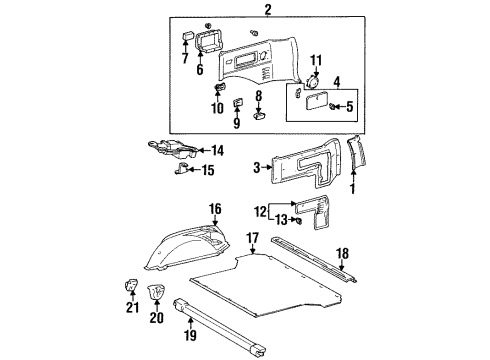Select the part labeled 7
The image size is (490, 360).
pyautogui.click(x=187, y=38)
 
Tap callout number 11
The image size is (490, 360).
pyautogui.click(x=317, y=62)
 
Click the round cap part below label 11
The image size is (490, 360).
pyautogui.click(x=312, y=86)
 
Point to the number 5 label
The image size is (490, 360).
pyautogui.click(x=349, y=106)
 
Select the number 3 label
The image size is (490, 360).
pyautogui.click(x=257, y=167)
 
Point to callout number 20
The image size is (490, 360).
pyautogui.click(x=156, y=318)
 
